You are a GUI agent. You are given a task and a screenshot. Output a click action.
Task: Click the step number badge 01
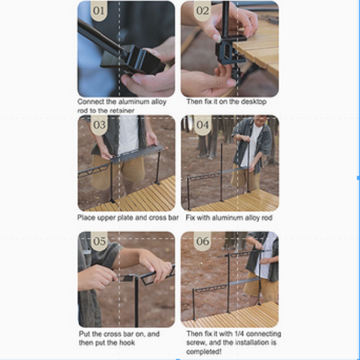tap(99, 11)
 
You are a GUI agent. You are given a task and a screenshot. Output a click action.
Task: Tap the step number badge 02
tap(203, 11)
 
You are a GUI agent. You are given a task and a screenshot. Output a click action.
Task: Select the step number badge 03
tap(99, 125)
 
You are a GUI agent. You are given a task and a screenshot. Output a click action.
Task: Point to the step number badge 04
tap(203, 125)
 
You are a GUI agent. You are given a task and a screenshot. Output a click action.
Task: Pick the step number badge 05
tap(99, 241)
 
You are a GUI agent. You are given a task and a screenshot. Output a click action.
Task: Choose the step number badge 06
tap(203, 241)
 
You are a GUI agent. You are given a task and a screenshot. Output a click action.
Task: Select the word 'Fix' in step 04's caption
tap(190, 218)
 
